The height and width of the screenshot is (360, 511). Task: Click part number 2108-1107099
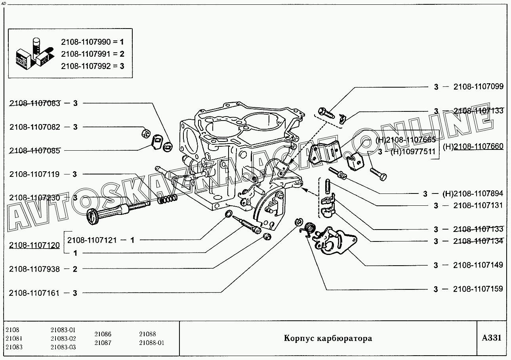pyautogui.click(x=478, y=87)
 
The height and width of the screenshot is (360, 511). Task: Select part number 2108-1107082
pyautogui.click(x=35, y=127)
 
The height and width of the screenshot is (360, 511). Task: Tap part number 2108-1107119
pyautogui.click(x=35, y=174)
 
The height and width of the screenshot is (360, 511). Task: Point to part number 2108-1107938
pyautogui.click(x=35, y=269)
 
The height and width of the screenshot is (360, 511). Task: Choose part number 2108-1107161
pyautogui.click(x=35, y=293)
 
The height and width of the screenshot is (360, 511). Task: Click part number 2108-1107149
pyautogui.click(x=478, y=265)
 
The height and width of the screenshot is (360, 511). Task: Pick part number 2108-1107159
pyautogui.click(x=478, y=289)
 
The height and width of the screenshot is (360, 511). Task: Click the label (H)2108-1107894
pyautogui.click(x=473, y=194)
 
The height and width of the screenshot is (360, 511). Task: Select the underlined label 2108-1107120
pyautogui.click(x=35, y=246)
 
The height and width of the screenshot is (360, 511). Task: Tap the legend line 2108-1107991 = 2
pyautogui.click(x=93, y=54)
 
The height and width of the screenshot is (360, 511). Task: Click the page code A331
pyautogui.click(x=492, y=338)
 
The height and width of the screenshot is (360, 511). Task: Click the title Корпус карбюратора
pyautogui.click(x=328, y=338)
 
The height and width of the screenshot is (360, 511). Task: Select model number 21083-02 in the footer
pyautogui.click(x=63, y=339)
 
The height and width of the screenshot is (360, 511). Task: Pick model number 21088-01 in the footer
pyautogui.click(x=151, y=343)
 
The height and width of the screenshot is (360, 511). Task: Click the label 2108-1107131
pyautogui.click(x=478, y=206)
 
